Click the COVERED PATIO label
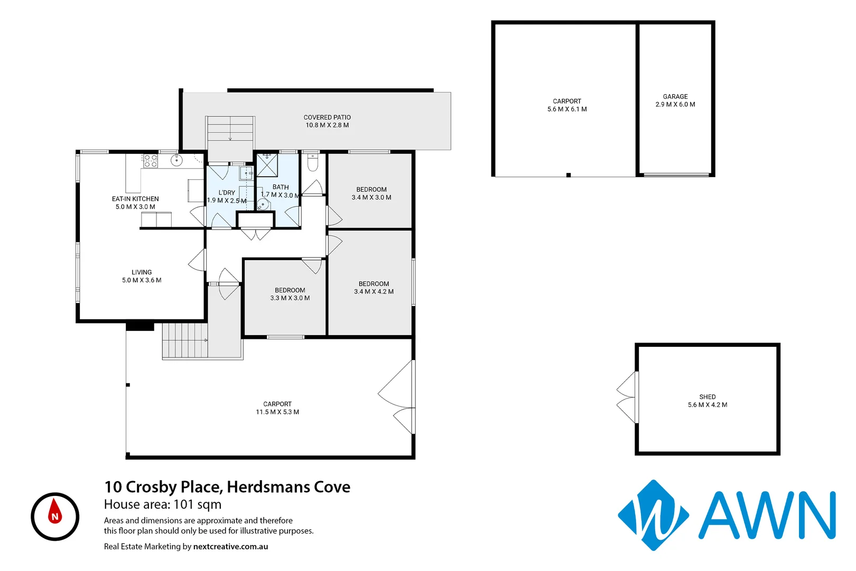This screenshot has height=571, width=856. pyautogui.click(x=327, y=117)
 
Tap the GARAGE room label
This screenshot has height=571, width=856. pyautogui.click(x=675, y=97)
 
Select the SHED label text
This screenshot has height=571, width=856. pyautogui.click(x=708, y=397)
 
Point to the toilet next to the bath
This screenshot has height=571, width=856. pyautogui.click(x=312, y=164)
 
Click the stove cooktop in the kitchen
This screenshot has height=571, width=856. pyautogui.click(x=151, y=161)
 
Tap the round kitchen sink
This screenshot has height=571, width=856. pyautogui.click(x=176, y=160)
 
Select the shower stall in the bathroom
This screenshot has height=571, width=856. pyautogui.click(x=267, y=165)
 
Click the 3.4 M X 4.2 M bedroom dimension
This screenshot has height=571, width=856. pyautogui.click(x=374, y=292)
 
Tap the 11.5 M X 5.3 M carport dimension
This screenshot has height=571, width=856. pyautogui.click(x=277, y=412)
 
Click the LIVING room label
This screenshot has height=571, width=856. pyautogui.click(x=142, y=272)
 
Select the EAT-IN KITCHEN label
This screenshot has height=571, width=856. pyautogui.click(x=135, y=199)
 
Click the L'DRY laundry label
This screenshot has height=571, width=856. pyautogui.click(x=227, y=192)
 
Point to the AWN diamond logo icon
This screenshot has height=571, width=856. pyautogui.click(x=654, y=515)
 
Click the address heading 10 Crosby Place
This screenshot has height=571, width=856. pyautogui.click(x=227, y=487)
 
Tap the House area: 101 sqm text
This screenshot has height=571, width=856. pyautogui.click(x=163, y=504)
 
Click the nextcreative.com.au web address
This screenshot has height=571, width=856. pyautogui.click(x=230, y=547)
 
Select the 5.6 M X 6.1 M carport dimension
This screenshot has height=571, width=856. pyautogui.click(x=567, y=109)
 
